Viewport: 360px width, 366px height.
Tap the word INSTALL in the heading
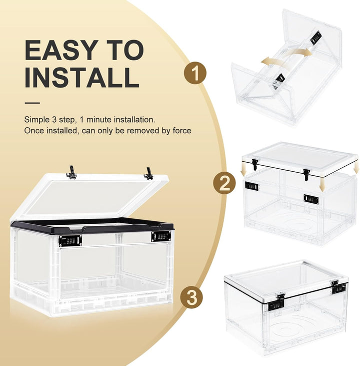tap(82, 78)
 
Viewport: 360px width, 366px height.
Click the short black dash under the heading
tap(32, 103)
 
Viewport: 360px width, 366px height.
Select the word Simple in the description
tap(35, 120)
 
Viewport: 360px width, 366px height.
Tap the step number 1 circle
tap(195, 73)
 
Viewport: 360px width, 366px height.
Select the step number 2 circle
tap(224, 184)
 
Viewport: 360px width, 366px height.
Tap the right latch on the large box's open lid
tap(148, 173)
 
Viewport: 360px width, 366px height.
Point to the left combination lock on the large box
tap(70, 241)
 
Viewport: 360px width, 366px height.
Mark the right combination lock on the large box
tap(161, 237)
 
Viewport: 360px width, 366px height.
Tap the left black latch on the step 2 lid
tap(255, 164)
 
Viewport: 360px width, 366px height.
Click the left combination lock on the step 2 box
tap(251, 186)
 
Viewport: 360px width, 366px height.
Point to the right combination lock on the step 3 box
tap(338, 288)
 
